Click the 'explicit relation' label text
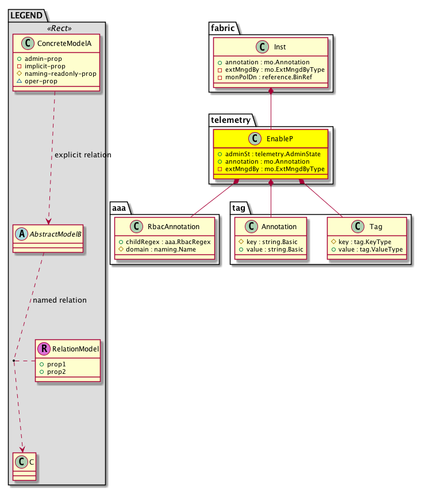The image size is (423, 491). [x=82, y=155]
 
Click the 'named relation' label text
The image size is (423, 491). [x=60, y=300]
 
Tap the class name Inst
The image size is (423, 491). [x=280, y=48]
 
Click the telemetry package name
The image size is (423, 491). [x=229, y=119]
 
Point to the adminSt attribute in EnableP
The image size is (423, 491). [x=268, y=155]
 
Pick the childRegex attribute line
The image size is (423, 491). [x=165, y=242]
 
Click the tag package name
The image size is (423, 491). [x=239, y=207]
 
